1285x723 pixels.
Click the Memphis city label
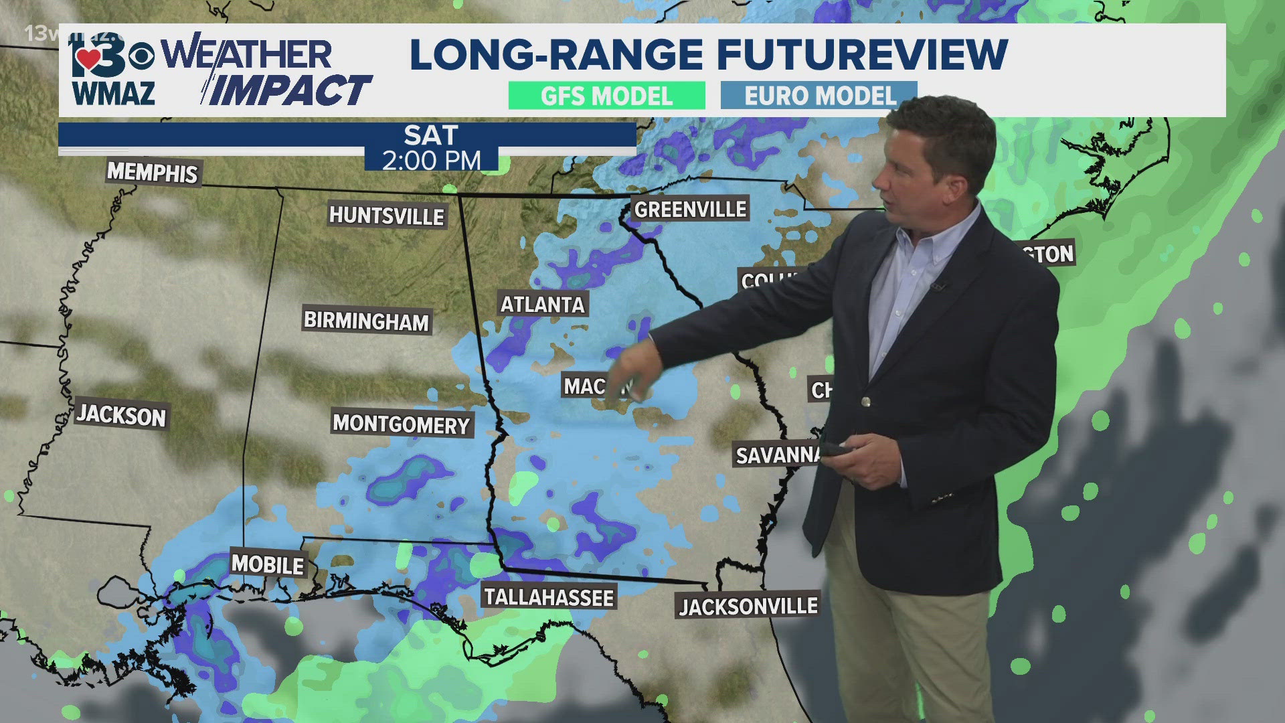153,173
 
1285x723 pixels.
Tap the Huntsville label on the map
386,216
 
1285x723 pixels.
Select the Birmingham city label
366,321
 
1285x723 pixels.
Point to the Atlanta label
542,305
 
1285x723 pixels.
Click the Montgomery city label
402,424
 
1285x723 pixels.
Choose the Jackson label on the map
121,416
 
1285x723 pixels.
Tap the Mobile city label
268,564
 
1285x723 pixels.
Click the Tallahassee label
548,597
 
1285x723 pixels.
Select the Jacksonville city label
748,606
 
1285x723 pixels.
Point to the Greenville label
690,210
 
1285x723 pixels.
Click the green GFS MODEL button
606,96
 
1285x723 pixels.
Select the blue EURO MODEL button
819,96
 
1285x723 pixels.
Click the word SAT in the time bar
431,136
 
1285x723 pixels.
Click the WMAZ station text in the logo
114,93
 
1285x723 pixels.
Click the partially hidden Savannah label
776,455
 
